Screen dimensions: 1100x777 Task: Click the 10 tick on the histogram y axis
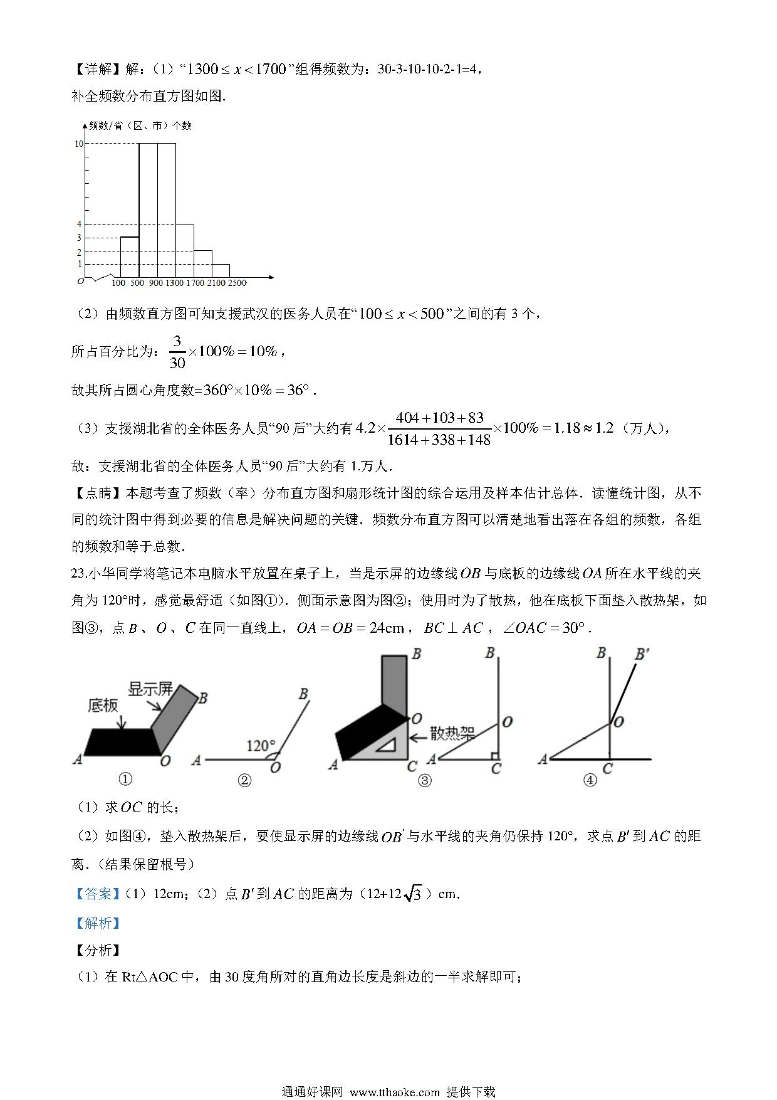(79, 144)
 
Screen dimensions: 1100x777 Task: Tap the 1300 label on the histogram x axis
(174, 283)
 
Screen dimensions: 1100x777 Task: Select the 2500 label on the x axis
(236, 283)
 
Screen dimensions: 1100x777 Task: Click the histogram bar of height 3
(129, 257)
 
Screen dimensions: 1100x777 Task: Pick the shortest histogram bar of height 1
(221, 271)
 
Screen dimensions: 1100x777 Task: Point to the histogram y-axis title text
(140, 125)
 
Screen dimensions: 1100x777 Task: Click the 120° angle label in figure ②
(260, 746)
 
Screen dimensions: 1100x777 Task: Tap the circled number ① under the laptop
(125, 780)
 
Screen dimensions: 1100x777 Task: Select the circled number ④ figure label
(590, 780)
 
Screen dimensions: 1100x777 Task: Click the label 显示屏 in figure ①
(150, 689)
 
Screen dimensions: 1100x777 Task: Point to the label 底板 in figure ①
(103, 706)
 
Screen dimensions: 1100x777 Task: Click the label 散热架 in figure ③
(451, 733)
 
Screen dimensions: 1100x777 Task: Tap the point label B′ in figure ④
(642, 655)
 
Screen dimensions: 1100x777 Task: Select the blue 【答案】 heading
(98, 894)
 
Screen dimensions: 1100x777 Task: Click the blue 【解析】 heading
(98, 923)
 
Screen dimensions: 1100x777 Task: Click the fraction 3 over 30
(177, 352)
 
